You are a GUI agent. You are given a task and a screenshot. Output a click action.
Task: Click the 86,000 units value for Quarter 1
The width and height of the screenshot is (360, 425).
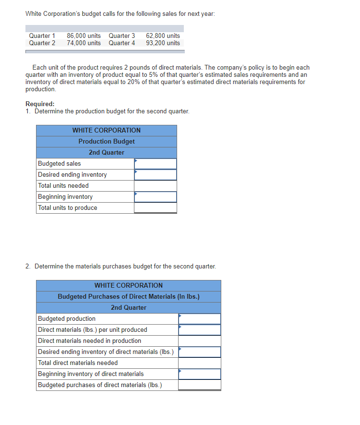84,36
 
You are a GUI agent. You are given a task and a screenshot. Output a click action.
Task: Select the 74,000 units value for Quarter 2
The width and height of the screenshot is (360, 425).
84,43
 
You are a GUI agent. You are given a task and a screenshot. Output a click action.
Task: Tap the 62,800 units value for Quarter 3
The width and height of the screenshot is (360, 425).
163,36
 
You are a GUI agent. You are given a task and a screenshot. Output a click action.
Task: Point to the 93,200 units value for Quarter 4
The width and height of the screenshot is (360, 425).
163,43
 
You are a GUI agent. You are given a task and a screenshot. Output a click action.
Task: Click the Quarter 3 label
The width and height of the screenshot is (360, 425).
122,36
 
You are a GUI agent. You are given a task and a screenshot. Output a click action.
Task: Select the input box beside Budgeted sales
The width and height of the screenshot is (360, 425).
156,164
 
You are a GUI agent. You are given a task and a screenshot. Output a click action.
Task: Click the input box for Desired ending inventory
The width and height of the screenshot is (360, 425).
156,175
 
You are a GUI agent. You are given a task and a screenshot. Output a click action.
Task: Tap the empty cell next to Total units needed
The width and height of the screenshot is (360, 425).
156,186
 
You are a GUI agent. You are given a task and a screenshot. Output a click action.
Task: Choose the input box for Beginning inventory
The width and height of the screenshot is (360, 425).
156,197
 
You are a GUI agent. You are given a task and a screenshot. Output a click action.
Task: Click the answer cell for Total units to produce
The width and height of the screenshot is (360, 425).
156,208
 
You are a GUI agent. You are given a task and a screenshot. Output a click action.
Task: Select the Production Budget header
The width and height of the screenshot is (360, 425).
107,142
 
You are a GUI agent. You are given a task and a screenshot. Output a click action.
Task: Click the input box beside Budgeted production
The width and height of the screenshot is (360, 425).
200,319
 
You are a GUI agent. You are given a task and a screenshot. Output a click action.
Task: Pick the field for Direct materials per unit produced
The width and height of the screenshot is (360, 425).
200,330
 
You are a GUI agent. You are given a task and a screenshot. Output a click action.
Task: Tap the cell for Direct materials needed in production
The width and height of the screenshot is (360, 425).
200,341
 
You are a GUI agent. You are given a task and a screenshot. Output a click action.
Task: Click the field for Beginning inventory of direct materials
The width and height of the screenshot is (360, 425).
200,374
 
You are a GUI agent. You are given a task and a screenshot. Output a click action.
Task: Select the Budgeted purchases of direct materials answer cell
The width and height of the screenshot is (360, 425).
200,385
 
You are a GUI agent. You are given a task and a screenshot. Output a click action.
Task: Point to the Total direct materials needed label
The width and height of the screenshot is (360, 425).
78,363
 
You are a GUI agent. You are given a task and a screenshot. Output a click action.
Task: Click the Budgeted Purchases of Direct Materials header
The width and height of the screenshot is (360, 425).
129,297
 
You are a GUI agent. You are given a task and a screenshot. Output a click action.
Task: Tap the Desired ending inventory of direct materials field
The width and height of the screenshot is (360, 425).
200,352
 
